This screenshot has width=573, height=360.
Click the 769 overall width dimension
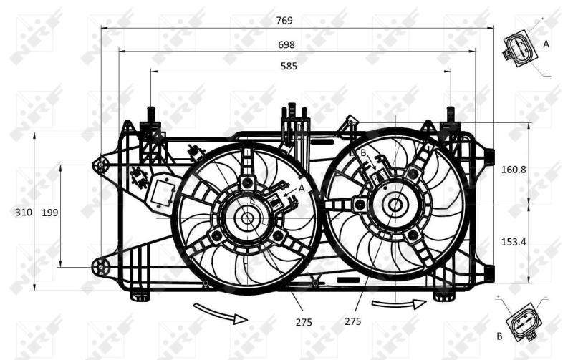[284, 21]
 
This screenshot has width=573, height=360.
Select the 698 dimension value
[286, 44]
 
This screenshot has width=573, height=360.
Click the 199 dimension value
[50, 212]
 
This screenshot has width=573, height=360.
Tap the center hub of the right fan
[394, 205]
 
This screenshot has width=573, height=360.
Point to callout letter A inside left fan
[302, 187]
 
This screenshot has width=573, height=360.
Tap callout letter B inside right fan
[363, 153]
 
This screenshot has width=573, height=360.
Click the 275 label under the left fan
[304, 322]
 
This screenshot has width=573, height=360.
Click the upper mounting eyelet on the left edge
[100, 165]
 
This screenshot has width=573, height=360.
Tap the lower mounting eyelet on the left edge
[100, 268]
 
